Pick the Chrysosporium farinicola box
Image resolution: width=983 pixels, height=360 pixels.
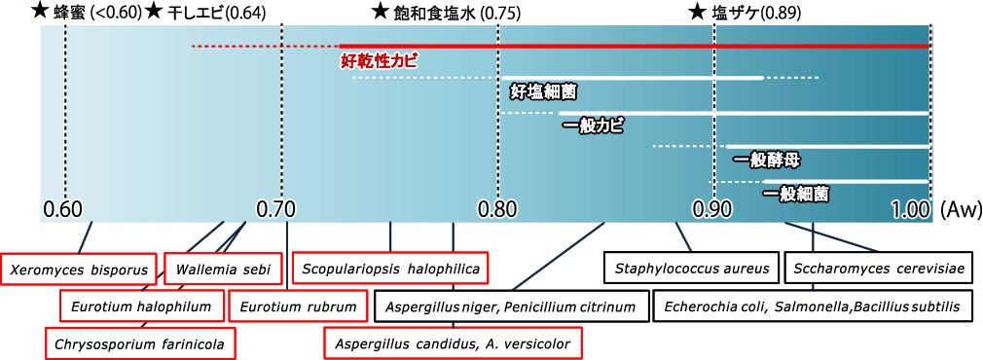pos(140,342)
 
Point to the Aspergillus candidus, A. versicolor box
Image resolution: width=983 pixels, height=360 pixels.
pos(453,342)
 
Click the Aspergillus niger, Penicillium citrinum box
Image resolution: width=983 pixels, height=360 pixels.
pos(511,306)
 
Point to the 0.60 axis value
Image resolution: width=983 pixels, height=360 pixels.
pos(64,209)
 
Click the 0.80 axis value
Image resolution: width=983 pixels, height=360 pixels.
pos(498,209)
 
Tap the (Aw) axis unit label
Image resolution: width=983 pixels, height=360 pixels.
pos(961,209)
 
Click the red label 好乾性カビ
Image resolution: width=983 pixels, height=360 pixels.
pos(379,60)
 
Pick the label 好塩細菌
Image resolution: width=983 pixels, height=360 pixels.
pos(543,91)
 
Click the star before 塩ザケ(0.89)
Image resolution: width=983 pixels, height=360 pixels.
pos(697,12)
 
